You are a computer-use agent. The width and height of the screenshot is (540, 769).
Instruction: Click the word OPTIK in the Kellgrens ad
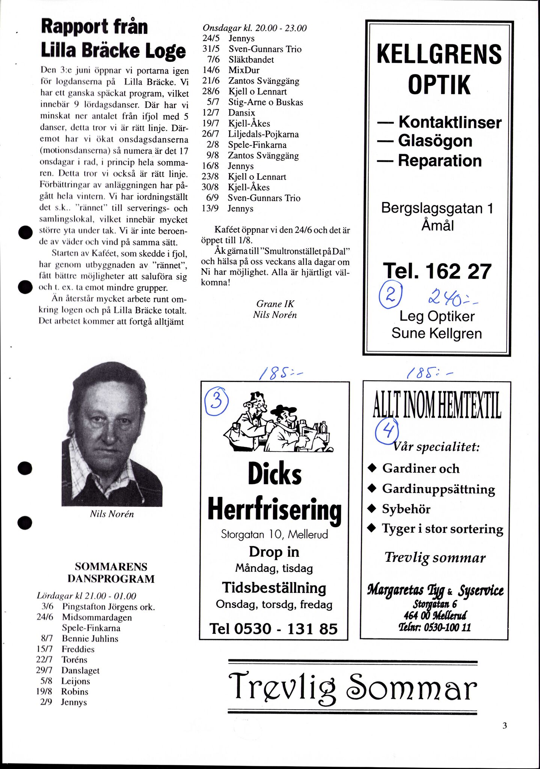pyautogui.click(x=439, y=85)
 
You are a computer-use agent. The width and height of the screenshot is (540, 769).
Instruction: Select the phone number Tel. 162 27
pyautogui.click(x=437, y=271)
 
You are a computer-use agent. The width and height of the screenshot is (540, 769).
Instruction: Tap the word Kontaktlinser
pyautogui.click(x=449, y=122)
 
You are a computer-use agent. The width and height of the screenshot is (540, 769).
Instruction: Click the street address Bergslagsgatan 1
pyautogui.click(x=437, y=208)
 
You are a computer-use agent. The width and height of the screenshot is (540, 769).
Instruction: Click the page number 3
pyautogui.click(x=505, y=726)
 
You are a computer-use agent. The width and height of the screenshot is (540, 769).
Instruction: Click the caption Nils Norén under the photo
pyautogui.click(x=112, y=514)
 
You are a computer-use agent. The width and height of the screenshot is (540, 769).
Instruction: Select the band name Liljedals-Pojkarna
pyautogui.click(x=263, y=134)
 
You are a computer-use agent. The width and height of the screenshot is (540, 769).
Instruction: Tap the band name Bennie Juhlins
pyautogui.click(x=90, y=639)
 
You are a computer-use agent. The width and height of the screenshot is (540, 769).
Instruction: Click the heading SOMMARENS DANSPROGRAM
pyautogui.click(x=111, y=573)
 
